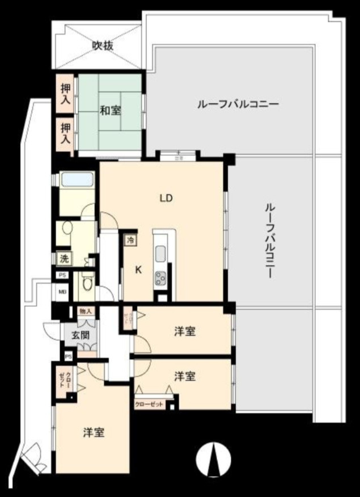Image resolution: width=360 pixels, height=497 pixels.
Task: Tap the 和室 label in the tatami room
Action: [x=111, y=110]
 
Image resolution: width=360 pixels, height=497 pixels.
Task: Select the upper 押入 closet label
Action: [x=66, y=94]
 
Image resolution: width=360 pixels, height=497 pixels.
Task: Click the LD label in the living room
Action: [x=166, y=199]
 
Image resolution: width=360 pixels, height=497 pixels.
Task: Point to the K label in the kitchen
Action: [x=138, y=270]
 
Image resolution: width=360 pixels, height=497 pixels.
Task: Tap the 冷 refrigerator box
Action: [x=131, y=240]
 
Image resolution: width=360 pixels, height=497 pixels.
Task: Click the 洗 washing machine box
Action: [x=64, y=259]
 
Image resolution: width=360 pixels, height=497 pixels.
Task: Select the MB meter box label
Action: [x=62, y=293]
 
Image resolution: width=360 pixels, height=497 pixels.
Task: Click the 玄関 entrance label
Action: [x=79, y=335]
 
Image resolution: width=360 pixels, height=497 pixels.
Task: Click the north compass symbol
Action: [x=214, y=458]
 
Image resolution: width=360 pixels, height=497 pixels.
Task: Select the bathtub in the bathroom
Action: [x=77, y=180]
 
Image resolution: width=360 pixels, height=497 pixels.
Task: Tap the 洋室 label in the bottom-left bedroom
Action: [x=94, y=433]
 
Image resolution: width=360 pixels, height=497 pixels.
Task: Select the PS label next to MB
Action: [x=62, y=275]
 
